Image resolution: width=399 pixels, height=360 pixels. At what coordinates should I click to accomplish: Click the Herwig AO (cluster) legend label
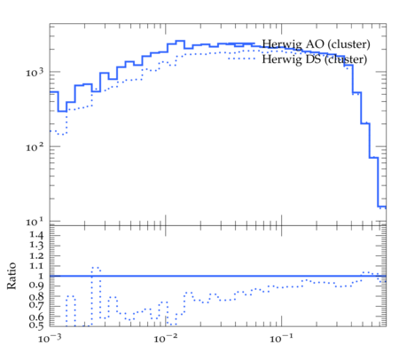tap(316, 44)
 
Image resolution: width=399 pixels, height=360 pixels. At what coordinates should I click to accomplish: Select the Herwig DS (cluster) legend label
tap(315, 59)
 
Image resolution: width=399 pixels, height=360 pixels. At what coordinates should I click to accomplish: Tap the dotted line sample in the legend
tap(241, 59)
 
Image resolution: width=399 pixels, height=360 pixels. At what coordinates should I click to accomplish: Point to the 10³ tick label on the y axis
tap(35, 72)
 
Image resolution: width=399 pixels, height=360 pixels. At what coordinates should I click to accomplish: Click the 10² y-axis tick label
tap(35, 146)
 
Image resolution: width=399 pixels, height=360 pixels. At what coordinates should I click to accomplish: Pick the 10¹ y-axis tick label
tap(35, 221)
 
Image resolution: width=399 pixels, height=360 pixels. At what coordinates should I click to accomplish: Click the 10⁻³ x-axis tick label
tap(50, 338)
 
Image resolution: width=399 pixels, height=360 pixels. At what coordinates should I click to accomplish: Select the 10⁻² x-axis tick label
tap(166, 338)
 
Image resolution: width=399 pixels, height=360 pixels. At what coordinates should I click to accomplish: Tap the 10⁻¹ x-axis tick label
tap(281, 338)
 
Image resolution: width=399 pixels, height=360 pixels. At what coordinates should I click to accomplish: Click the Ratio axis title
tap(12, 276)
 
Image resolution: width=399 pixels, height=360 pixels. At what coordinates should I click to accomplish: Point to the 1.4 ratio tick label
tap(36, 235)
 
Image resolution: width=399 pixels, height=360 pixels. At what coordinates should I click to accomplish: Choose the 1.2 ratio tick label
tap(36, 255)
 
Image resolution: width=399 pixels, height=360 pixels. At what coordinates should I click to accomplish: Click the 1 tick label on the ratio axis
tap(40, 276)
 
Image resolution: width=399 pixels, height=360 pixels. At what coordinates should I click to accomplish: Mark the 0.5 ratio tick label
tap(36, 325)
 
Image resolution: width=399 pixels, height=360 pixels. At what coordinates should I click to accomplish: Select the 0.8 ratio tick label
tap(36, 296)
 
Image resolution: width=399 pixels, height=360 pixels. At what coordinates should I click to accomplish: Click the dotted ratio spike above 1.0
tap(96, 268)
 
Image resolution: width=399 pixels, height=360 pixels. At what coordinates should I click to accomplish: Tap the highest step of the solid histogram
tap(180, 41)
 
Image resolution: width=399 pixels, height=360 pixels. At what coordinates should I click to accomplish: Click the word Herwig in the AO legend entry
tap(282, 44)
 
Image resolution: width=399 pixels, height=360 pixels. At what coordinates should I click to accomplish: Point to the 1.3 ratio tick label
tap(36, 245)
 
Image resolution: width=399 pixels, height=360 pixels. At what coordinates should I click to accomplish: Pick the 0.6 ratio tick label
tap(36, 317)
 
